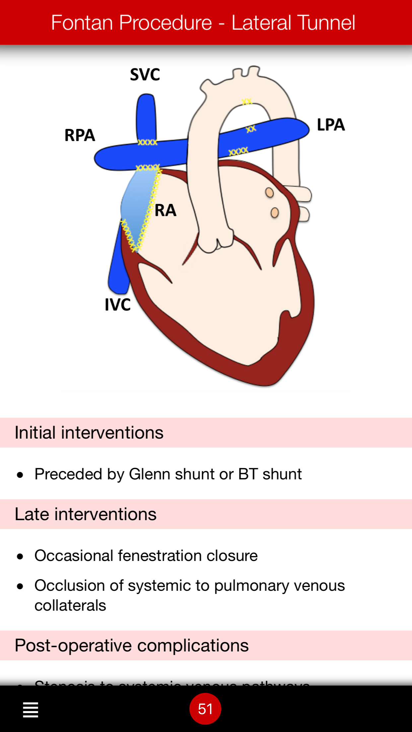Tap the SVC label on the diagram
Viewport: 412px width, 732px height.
point(145,75)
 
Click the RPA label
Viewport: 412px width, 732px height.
point(80,135)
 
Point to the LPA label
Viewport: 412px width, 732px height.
point(331,125)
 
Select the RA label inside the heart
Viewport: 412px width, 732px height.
point(166,210)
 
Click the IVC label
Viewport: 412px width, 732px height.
point(118,305)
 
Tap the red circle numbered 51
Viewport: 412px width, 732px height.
point(205,709)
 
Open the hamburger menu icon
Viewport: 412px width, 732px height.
point(31,709)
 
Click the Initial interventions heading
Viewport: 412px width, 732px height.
point(89,433)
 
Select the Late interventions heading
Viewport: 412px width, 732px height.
point(86,514)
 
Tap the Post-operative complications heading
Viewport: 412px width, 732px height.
point(132,645)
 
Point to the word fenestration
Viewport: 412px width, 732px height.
point(160,556)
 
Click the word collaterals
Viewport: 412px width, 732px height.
point(70,605)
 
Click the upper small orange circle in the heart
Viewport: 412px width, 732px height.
point(269,192)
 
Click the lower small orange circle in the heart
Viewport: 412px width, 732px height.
point(275,213)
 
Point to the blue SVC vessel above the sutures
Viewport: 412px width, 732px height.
point(146,116)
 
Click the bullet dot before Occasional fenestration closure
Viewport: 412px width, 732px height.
point(20,556)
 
